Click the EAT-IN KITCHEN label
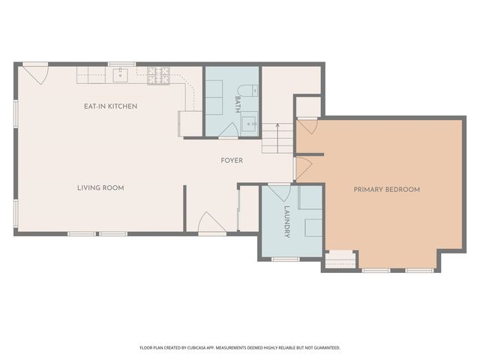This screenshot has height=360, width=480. pos(110,106)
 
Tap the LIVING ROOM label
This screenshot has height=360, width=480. pos(100,188)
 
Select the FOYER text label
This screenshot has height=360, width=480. pos(232,160)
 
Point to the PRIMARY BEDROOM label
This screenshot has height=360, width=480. pos(387,190)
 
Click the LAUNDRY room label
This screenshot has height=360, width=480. pos(286,222)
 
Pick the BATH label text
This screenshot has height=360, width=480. pos(238,104)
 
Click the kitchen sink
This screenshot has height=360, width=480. pos(120,75)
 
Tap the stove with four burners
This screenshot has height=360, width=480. pos(158,76)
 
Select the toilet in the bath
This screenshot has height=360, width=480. pos(247,91)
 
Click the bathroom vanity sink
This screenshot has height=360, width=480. pos(250,123)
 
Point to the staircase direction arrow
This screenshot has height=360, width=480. pos(277,138)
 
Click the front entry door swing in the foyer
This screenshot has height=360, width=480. pos(211,223)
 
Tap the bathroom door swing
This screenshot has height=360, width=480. pos(229,130)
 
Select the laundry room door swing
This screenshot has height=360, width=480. pos(279,193)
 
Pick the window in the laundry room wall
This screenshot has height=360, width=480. pos(286,259)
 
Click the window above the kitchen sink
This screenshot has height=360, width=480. pos(121,64)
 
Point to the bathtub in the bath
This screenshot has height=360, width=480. pos(214,97)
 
